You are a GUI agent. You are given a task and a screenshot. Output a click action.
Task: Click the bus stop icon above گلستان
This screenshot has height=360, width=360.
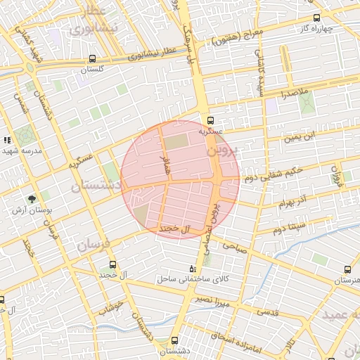(x=94, y=59)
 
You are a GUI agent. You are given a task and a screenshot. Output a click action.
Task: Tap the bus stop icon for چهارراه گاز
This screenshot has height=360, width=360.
(x=316, y=18)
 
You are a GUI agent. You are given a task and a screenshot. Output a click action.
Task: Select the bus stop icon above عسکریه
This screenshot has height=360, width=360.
(x=211, y=120)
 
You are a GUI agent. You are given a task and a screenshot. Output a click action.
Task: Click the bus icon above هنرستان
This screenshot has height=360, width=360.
(x=348, y=269)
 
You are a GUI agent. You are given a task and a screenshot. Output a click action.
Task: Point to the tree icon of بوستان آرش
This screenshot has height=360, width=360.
(x=31, y=200)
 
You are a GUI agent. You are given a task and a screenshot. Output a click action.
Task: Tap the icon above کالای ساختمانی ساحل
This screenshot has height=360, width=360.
(x=193, y=269)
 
